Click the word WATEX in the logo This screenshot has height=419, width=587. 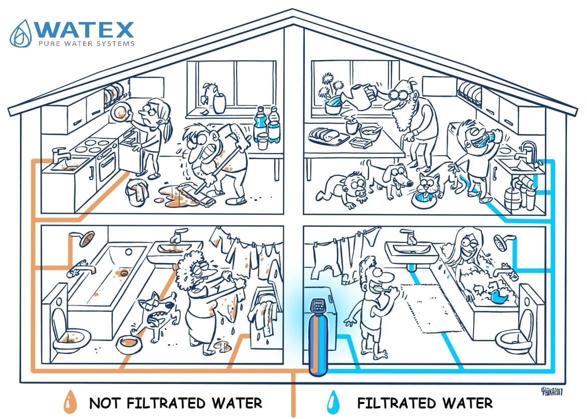point(85,30)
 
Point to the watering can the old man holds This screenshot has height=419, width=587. point(359,97)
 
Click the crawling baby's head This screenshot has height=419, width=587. point(355,184)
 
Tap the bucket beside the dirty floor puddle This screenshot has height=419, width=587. point(136,192)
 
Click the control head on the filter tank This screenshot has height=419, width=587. point(318,306)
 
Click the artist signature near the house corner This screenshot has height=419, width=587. point(552,391)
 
